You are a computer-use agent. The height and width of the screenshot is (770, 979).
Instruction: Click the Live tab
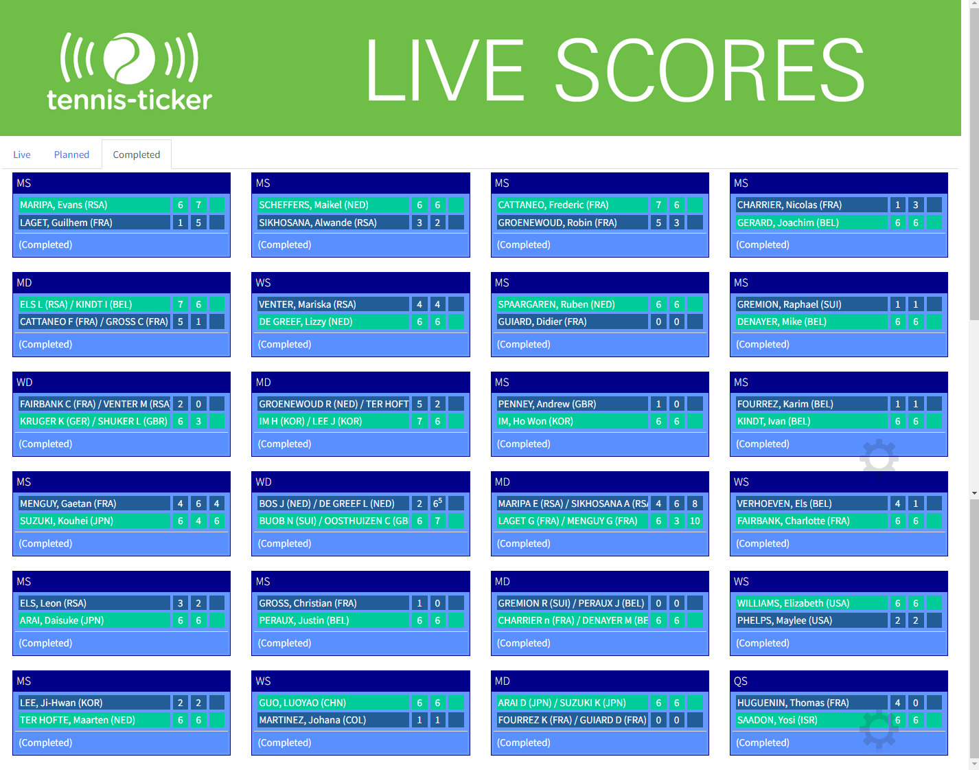coord(21,155)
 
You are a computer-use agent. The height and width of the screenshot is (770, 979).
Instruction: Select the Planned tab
coord(71,155)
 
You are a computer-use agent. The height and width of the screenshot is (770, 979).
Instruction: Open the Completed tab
coord(137,155)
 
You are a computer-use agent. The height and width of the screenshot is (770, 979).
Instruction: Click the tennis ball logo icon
coord(129,58)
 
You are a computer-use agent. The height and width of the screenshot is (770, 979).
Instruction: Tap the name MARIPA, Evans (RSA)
coord(64,205)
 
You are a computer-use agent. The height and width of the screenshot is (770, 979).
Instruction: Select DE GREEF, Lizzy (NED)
coord(306,321)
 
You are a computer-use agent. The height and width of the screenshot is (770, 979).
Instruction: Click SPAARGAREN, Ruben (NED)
coord(556,304)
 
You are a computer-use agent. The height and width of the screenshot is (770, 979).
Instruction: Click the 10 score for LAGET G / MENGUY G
coord(695,521)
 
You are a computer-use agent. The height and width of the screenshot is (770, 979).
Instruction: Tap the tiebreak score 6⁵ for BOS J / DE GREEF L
coord(437,503)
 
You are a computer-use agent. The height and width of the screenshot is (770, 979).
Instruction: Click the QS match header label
coord(741,681)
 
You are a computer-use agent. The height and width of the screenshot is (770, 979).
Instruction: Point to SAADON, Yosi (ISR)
coord(777,721)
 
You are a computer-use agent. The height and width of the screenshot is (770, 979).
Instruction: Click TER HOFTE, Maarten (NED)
coord(78,721)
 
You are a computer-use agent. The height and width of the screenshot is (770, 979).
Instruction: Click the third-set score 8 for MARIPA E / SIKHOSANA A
coord(695,503)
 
